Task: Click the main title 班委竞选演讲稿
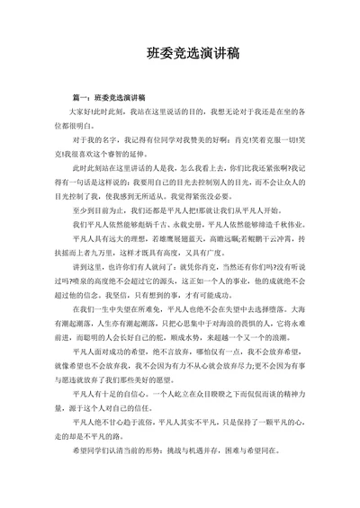point(179,53)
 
